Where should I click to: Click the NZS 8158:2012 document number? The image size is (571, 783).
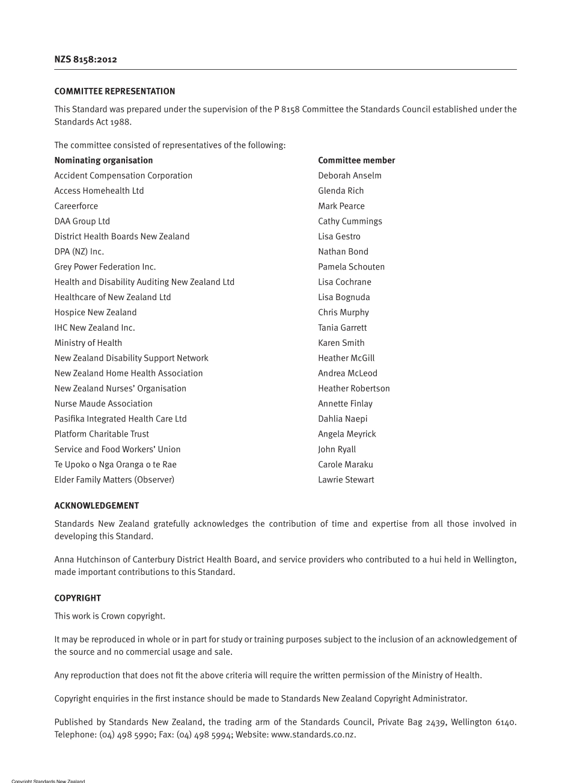[85, 60]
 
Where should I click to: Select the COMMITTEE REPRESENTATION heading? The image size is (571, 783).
[115, 91]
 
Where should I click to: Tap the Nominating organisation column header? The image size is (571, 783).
[103, 161]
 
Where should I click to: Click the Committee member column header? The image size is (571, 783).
[356, 161]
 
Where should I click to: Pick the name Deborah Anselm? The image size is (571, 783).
[350, 176]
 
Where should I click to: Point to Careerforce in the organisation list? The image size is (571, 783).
[76, 206]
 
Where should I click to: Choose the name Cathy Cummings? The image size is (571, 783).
[350, 221]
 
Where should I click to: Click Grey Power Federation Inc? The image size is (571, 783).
[105, 267]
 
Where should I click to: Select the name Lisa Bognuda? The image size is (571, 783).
[344, 297]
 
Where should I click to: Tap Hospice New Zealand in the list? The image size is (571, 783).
[96, 313]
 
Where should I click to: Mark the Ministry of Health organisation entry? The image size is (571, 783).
[88, 343]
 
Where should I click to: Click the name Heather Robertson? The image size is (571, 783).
[354, 388]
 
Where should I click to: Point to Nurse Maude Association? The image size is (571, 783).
[103, 404]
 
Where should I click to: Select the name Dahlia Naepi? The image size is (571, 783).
[343, 419]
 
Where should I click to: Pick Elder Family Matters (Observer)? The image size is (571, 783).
[114, 480]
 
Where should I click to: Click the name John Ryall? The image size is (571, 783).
[337, 449]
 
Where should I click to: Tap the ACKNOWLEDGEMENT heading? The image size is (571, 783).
[97, 506]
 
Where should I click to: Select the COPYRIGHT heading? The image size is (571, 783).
[78, 598]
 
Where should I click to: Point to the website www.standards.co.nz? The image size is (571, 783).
[313, 734]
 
